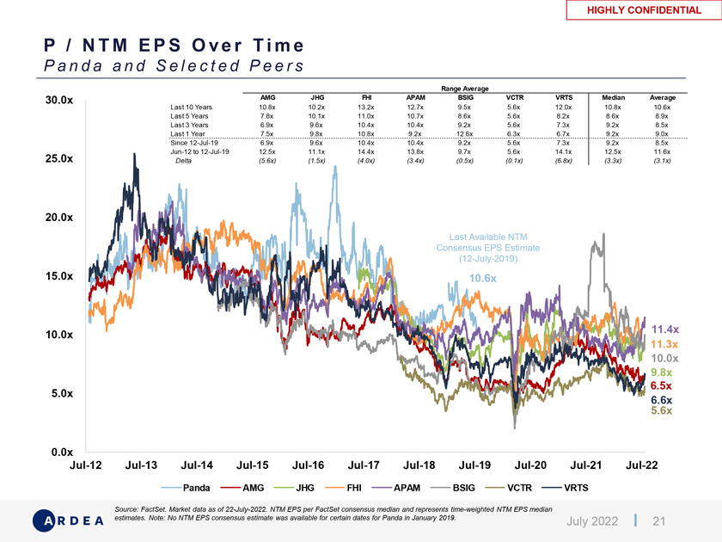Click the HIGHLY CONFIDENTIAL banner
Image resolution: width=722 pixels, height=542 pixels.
point(644,10)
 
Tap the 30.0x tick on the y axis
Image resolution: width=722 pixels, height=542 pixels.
point(58,101)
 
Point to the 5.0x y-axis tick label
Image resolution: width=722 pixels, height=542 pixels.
point(58,394)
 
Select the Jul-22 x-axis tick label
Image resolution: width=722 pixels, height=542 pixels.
point(642,465)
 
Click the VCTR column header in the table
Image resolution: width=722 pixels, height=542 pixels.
point(514,97)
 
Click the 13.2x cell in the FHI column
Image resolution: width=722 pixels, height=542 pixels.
point(367,108)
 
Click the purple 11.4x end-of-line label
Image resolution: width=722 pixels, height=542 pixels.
point(666,330)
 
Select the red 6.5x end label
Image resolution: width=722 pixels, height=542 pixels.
point(661,386)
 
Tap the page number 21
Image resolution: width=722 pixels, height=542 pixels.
point(660,520)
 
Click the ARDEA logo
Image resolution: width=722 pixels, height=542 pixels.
point(69,520)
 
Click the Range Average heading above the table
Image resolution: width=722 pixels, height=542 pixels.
point(464,89)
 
